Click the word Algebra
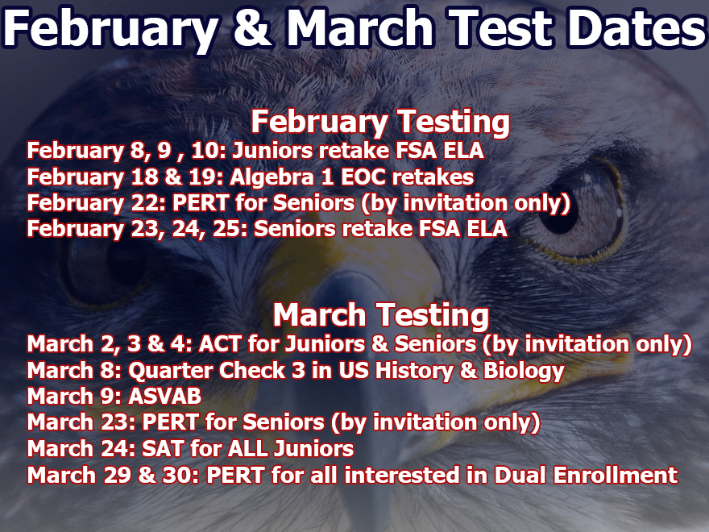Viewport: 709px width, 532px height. [272, 177]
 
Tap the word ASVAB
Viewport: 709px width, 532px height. [164, 397]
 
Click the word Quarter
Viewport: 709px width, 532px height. [172, 371]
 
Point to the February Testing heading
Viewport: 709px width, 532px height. [380, 123]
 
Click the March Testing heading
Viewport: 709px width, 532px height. [381, 316]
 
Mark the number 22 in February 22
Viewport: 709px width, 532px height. [144, 203]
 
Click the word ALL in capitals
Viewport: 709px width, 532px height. [247, 449]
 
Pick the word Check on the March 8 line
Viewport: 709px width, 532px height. [252, 371]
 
